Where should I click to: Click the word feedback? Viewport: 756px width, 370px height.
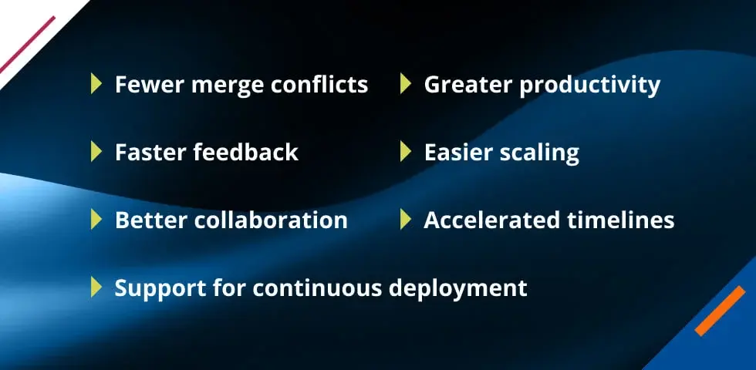point(246,153)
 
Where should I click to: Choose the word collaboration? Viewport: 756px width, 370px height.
point(271,220)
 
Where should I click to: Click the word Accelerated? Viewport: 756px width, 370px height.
point(492,220)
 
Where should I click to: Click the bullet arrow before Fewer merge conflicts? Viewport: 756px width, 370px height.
point(96,84)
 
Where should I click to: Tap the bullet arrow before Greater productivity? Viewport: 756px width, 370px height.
point(406,84)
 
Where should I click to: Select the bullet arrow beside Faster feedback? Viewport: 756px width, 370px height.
point(96,152)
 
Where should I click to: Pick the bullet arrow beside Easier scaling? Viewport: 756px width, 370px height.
point(406,152)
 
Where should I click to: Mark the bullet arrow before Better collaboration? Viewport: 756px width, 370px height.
point(96,220)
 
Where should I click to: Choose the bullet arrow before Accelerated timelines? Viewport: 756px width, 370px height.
point(406,220)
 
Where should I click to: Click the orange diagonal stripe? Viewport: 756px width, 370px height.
point(720,311)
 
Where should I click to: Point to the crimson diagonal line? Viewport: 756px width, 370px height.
point(28,45)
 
